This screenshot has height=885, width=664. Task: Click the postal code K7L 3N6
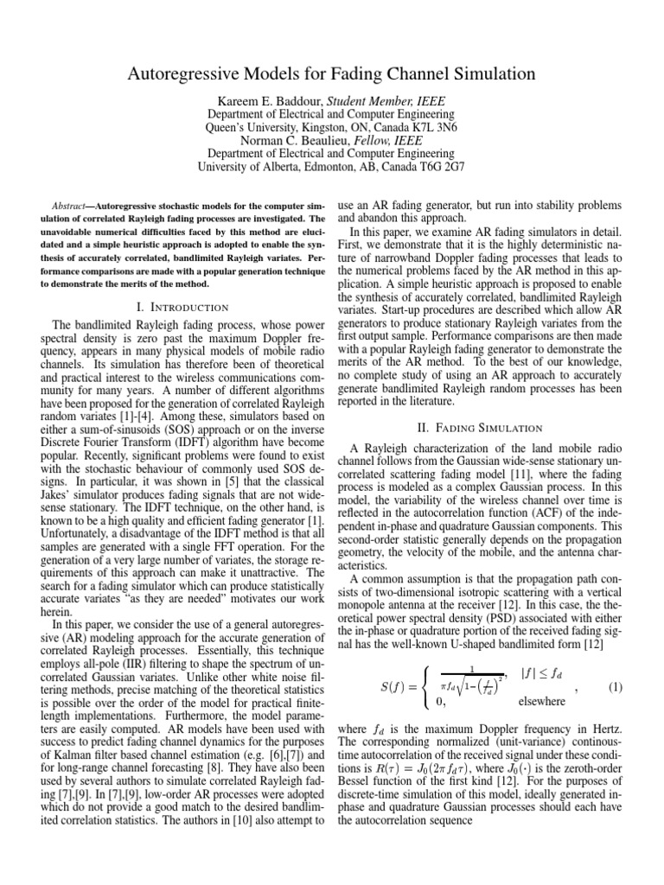[440, 127]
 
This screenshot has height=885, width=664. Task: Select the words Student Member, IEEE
[386, 101]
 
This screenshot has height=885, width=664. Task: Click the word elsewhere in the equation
[541, 701]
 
